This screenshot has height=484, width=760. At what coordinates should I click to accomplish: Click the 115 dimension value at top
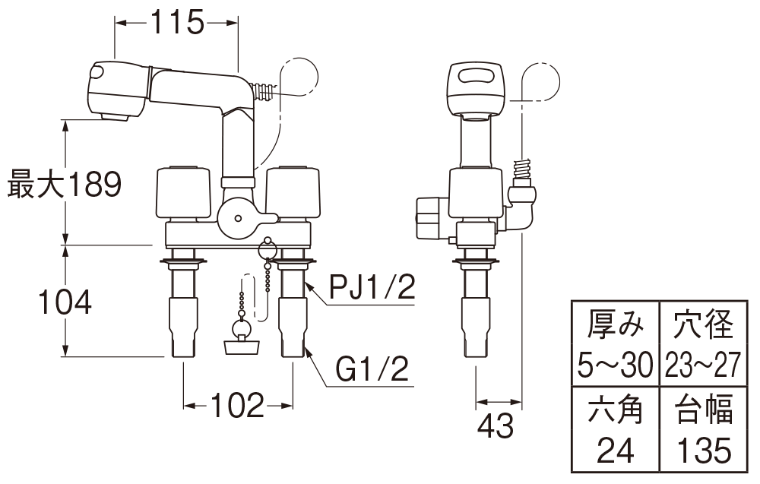176,22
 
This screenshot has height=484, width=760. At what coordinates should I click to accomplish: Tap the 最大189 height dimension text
65,184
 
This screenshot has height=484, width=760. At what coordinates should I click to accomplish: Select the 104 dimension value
65,302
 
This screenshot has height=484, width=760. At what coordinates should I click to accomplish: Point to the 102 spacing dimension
238,405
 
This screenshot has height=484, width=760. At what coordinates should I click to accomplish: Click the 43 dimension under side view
495,426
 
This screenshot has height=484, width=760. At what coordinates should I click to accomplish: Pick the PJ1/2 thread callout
372,286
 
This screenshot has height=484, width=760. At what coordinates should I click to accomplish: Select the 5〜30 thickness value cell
615,365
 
